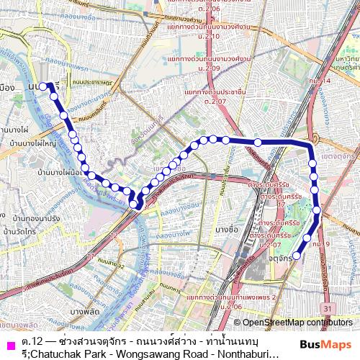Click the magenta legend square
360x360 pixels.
pos(9,343)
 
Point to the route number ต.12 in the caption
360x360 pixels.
pos(31,339)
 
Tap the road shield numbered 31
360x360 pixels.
pos(328,308)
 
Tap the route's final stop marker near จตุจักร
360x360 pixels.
pos(297,253)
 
